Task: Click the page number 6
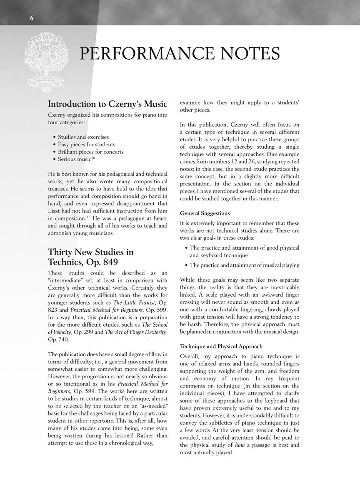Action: [x=32, y=17]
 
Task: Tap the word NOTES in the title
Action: [x=247, y=54]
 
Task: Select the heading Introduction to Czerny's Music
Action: [x=107, y=104]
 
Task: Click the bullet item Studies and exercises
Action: [x=83, y=137]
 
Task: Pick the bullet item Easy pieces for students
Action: [x=86, y=144]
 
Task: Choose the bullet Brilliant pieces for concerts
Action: [x=90, y=152]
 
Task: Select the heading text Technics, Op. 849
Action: [x=83, y=262]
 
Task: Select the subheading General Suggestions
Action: [x=205, y=213]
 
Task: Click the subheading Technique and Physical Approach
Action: [x=221, y=346]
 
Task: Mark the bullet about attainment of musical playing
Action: [x=244, y=265]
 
